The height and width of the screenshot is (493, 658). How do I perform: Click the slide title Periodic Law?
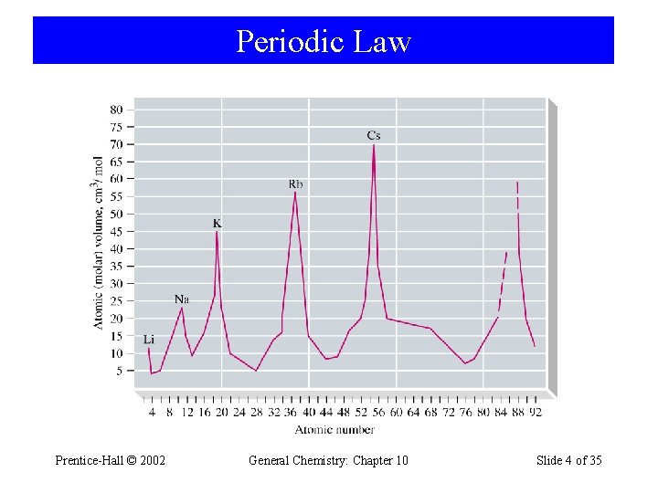(x=324, y=42)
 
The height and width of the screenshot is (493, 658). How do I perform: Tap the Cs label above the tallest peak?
(x=374, y=136)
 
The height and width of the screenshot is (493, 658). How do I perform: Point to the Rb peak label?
(x=295, y=184)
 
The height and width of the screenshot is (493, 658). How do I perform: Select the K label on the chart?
(x=217, y=223)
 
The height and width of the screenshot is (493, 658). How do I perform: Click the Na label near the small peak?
(x=182, y=299)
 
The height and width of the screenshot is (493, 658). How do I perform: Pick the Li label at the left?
(x=148, y=339)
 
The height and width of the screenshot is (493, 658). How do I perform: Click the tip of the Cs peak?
(x=374, y=145)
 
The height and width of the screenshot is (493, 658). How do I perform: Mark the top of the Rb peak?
(x=294, y=193)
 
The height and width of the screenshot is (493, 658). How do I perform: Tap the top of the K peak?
(x=217, y=232)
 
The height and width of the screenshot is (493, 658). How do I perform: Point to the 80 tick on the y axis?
(x=116, y=110)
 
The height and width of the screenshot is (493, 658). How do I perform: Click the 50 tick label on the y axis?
(x=116, y=215)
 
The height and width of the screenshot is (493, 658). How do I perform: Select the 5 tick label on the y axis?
(x=119, y=372)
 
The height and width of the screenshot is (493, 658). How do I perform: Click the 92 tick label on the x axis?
(x=535, y=413)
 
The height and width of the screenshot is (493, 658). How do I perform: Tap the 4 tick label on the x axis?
(x=153, y=413)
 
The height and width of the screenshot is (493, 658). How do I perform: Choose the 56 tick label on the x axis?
(x=378, y=413)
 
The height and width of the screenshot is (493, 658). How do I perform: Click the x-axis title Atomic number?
(x=341, y=429)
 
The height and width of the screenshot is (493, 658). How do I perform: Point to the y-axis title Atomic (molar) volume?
(x=99, y=242)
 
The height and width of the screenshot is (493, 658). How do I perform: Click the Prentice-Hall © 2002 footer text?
(x=111, y=460)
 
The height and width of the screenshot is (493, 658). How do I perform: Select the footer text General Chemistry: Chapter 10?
(x=328, y=460)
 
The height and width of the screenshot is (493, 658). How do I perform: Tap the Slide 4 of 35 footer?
(x=568, y=460)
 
